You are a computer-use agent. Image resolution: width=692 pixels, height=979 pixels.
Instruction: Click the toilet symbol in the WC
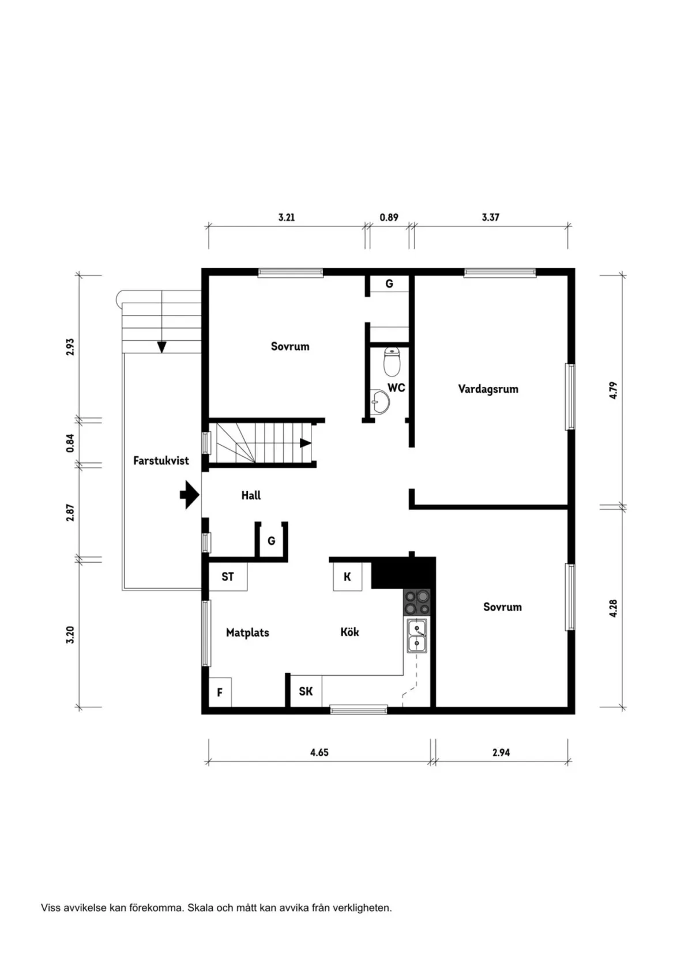pyautogui.click(x=392, y=361)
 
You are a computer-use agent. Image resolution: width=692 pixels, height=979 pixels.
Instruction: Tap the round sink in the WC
pyautogui.click(x=380, y=401)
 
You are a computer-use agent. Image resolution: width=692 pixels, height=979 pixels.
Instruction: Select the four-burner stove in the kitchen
pyautogui.click(x=416, y=602)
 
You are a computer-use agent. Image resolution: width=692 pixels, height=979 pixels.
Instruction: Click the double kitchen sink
pyautogui.click(x=416, y=636)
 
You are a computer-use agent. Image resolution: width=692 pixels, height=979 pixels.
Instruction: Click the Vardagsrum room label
pyautogui.click(x=488, y=389)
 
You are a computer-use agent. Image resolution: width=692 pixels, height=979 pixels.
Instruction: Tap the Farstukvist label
pyautogui.click(x=161, y=461)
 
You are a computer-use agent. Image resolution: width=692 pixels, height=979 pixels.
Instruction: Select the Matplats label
pyautogui.click(x=247, y=632)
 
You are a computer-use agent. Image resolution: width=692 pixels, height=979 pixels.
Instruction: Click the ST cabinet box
pyautogui.click(x=228, y=577)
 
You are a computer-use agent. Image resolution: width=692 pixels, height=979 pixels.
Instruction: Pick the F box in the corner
pyautogui.click(x=220, y=692)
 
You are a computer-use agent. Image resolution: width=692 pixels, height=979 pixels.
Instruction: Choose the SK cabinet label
pyautogui.click(x=306, y=691)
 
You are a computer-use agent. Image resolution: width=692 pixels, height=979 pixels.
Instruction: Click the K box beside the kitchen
pyautogui.click(x=347, y=577)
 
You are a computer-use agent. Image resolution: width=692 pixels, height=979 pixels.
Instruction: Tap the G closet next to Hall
pyautogui.click(x=271, y=541)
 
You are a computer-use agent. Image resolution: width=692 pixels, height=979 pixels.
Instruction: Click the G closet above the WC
pyautogui.click(x=389, y=284)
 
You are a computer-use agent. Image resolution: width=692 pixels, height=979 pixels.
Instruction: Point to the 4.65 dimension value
pyautogui.click(x=319, y=752)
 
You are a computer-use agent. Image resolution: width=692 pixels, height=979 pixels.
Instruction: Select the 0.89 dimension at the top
pyautogui.click(x=389, y=217)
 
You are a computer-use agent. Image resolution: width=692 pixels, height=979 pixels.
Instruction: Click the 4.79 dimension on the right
pyautogui.click(x=614, y=390)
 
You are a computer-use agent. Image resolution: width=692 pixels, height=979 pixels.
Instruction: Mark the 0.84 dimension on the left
pyautogui.click(x=70, y=442)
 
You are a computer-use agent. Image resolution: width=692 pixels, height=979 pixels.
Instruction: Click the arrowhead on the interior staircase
pyautogui.click(x=305, y=443)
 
